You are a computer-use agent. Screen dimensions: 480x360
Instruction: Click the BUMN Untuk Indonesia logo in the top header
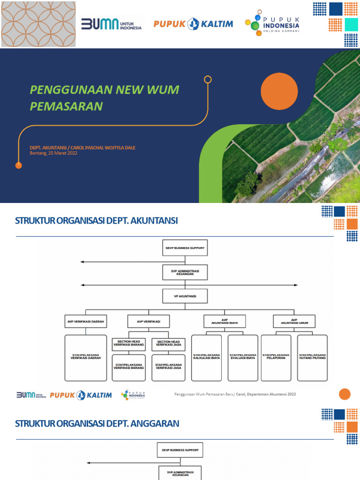[112, 24]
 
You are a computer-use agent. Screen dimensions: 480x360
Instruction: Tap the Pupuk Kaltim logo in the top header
[193, 23]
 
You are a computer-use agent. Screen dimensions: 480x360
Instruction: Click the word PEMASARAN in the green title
[66, 106]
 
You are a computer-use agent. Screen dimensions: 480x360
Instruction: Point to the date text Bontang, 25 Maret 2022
[53, 153]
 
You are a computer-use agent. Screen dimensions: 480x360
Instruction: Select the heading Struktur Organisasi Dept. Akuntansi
[97, 221]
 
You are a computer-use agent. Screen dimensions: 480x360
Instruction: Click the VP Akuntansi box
[185, 297]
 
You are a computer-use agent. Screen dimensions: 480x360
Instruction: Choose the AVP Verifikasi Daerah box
[85, 322]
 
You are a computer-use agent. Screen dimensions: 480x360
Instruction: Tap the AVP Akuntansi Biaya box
[225, 321]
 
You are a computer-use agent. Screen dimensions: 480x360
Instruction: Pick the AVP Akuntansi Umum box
[294, 321]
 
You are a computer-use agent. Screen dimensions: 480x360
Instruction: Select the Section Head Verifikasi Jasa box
[168, 344]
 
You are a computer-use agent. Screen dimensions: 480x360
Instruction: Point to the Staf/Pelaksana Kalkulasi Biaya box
[207, 357]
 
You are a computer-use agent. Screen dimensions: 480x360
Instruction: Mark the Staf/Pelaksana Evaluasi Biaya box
[243, 357]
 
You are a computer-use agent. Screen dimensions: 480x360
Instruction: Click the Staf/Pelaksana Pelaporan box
[276, 357]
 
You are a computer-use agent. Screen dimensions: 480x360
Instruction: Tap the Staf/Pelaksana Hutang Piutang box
[313, 357]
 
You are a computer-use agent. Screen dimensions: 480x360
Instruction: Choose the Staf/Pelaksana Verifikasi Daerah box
[85, 357]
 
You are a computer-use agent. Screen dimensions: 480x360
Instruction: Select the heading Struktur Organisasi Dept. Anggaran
[97, 424]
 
